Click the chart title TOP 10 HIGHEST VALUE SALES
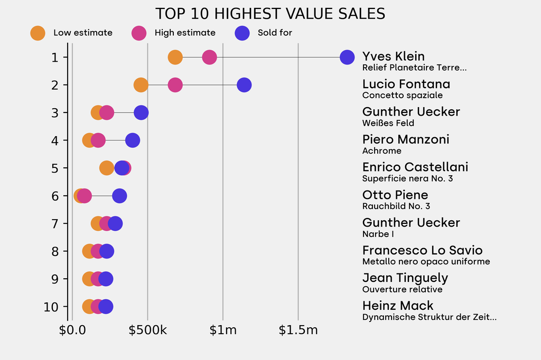tap(270, 13)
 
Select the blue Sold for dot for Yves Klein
tap(347, 57)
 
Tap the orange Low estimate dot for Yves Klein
tap(175, 57)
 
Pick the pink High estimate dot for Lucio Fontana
tap(175, 85)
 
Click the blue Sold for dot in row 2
tap(244, 85)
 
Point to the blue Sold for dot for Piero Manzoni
tap(133, 140)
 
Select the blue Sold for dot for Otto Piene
tap(120, 196)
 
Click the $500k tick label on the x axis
tap(147, 330)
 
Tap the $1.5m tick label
tap(298, 330)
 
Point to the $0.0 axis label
tap(72, 330)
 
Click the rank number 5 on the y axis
tap(55, 168)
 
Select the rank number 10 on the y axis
tap(51, 307)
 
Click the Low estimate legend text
tap(83, 33)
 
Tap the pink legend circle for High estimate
tap(138, 33)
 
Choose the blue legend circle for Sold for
tap(241, 33)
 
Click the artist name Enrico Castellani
tap(415, 167)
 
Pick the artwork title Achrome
tap(382, 151)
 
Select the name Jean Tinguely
tap(405, 278)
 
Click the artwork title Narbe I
tap(378, 234)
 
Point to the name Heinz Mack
tap(398, 306)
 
